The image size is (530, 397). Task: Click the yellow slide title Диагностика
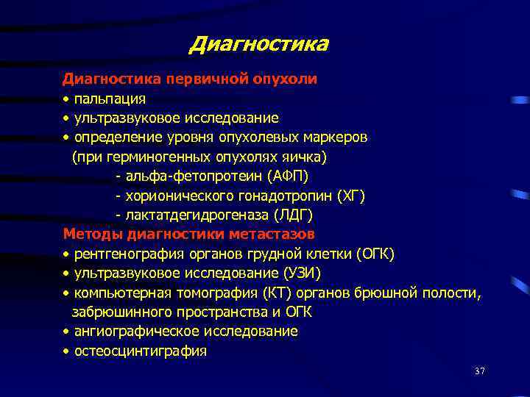(258, 45)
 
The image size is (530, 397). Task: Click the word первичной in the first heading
(203, 79)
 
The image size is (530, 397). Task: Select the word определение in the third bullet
(113, 137)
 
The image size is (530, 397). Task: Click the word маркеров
(335, 137)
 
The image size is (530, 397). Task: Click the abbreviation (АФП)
(283, 176)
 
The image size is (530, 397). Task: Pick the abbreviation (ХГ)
(350, 196)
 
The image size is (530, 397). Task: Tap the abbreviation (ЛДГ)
(293, 215)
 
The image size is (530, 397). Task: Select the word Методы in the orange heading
(93, 235)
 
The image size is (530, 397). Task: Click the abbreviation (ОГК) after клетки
(375, 254)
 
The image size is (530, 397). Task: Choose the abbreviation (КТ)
(269, 293)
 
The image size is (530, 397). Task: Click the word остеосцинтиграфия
(141, 351)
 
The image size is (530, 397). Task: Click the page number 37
(480, 371)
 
